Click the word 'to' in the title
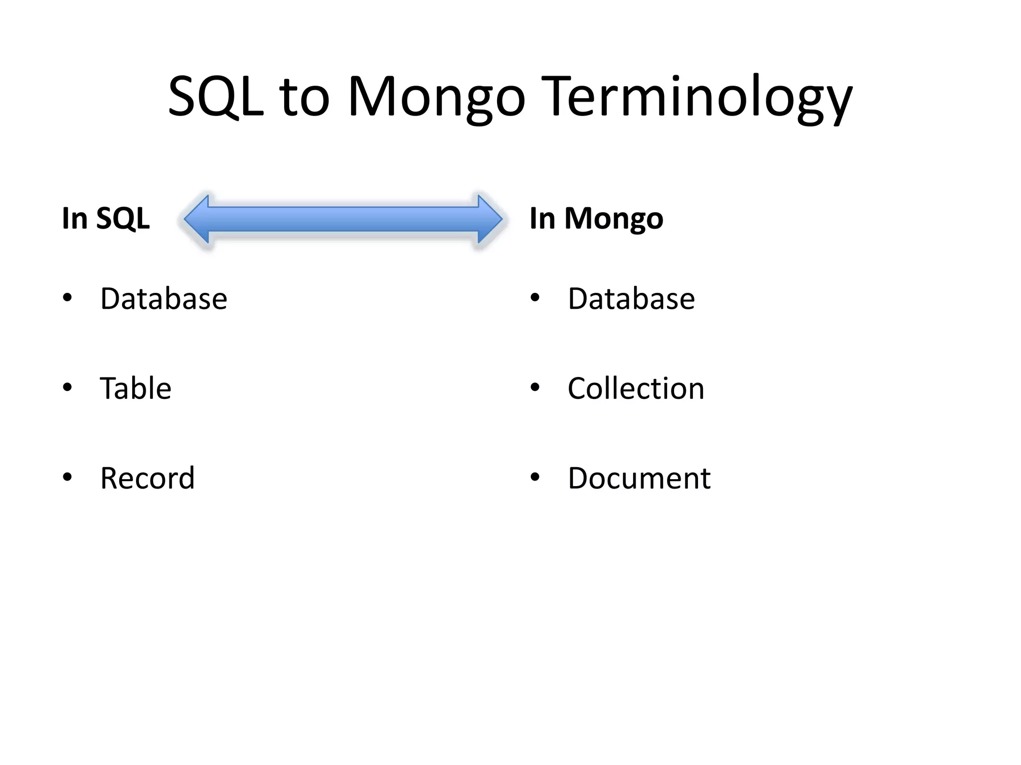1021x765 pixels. (x=305, y=97)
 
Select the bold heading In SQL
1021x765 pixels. (x=106, y=218)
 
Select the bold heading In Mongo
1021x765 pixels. (x=596, y=218)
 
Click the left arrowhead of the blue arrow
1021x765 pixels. (x=197, y=219)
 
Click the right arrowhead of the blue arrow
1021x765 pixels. (x=489, y=219)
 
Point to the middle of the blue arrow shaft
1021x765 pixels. (x=343, y=219)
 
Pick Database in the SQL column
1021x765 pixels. (x=164, y=299)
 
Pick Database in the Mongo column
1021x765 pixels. (x=631, y=299)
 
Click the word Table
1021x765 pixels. (x=136, y=388)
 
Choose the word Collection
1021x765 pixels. (x=636, y=388)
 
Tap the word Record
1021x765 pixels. (x=147, y=478)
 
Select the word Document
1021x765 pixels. (x=639, y=478)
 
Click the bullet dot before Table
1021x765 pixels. (x=67, y=387)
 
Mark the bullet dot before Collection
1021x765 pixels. (x=535, y=387)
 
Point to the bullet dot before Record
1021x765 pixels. (x=67, y=477)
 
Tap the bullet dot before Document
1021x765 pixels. (x=535, y=477)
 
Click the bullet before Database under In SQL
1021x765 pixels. (x=67, y=298)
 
